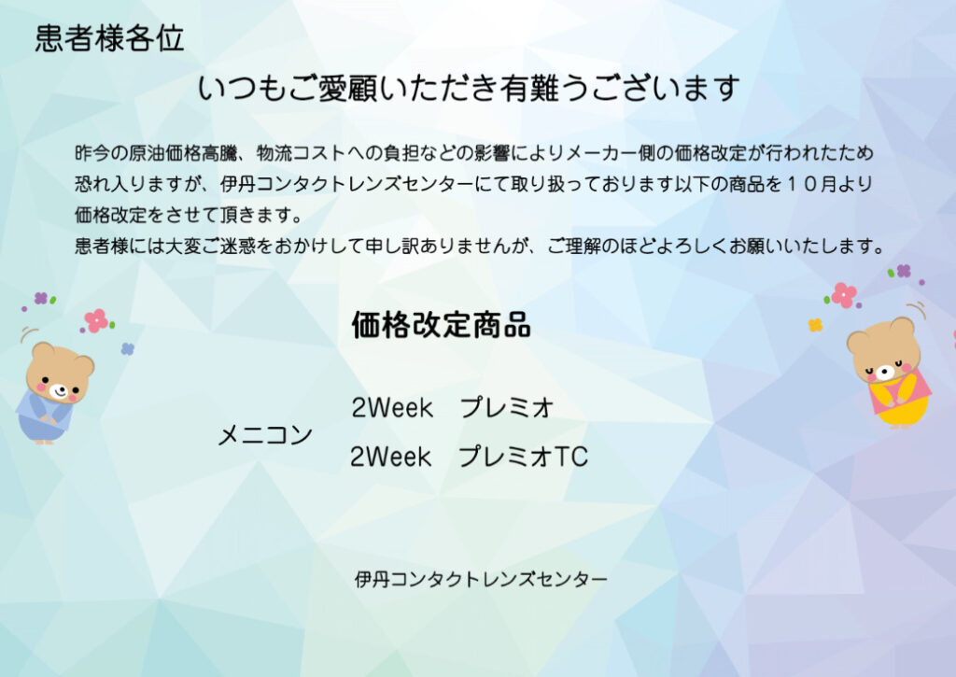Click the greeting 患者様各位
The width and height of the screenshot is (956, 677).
[x=109, y=38]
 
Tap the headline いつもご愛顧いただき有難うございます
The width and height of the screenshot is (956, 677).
[x=469, y=89]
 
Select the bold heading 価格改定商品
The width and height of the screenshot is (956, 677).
[x=441, y=324]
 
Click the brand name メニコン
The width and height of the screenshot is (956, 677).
[x=265, y=435]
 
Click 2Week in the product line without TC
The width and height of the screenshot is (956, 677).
[x=391, y=407]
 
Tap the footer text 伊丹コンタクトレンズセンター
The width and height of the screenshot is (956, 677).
[x=481, y=578]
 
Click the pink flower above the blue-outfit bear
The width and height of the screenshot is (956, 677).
[x=96, y=321]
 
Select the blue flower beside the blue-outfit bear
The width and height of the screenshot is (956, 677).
[x=127, y=348]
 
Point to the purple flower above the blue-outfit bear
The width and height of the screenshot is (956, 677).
[x=41, y=298]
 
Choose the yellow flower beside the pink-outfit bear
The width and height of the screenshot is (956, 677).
[x=815, y=325]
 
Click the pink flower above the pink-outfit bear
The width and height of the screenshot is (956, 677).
[x=844, y=295]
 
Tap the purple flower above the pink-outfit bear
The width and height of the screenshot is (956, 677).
[x=904, y=271]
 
